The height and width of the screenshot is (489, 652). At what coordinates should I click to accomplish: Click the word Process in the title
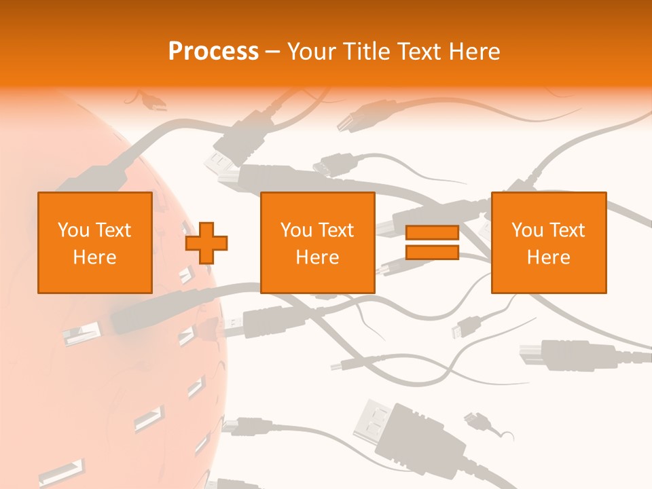(213, 52)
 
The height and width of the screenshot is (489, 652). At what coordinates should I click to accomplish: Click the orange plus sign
(206, 243)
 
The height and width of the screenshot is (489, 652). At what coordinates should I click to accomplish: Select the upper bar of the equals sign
(432, 233)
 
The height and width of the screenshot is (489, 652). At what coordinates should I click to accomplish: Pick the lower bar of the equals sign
(432, 252)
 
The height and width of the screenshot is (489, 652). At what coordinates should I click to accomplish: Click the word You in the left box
(73, 230)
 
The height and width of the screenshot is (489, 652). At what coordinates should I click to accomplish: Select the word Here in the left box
(94, 257)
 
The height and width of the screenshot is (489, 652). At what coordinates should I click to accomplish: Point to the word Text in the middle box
(336, 230)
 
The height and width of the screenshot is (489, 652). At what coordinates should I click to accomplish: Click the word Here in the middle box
(317, 257)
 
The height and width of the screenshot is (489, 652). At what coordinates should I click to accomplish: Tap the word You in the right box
(527, 230)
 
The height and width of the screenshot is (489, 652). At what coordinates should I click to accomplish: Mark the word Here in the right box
(548, 257)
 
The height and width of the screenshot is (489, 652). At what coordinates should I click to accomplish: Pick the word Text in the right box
(566, 230)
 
